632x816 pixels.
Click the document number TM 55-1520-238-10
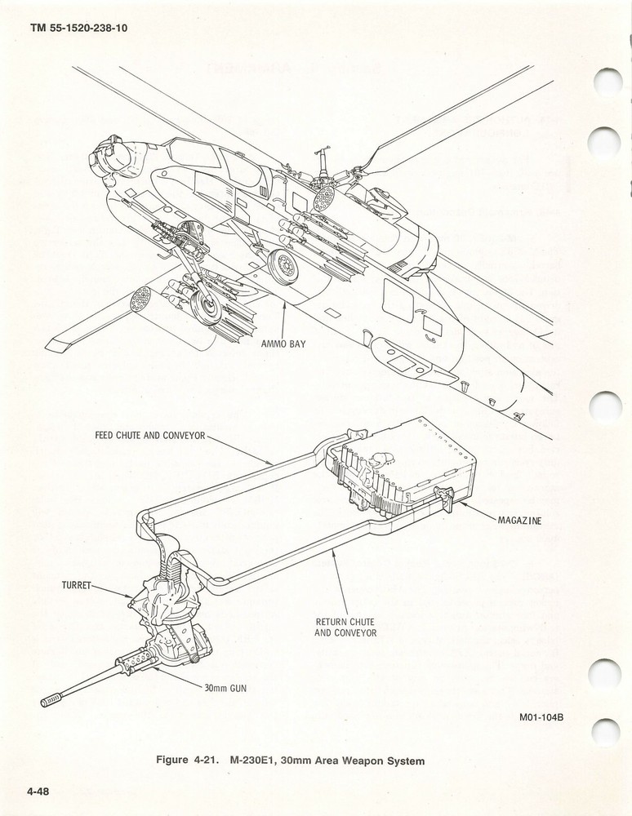coord(78,28)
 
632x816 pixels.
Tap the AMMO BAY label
coord(283,344)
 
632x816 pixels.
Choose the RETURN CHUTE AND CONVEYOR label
coord(345,628)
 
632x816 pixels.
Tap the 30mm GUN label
coord(225,687)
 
